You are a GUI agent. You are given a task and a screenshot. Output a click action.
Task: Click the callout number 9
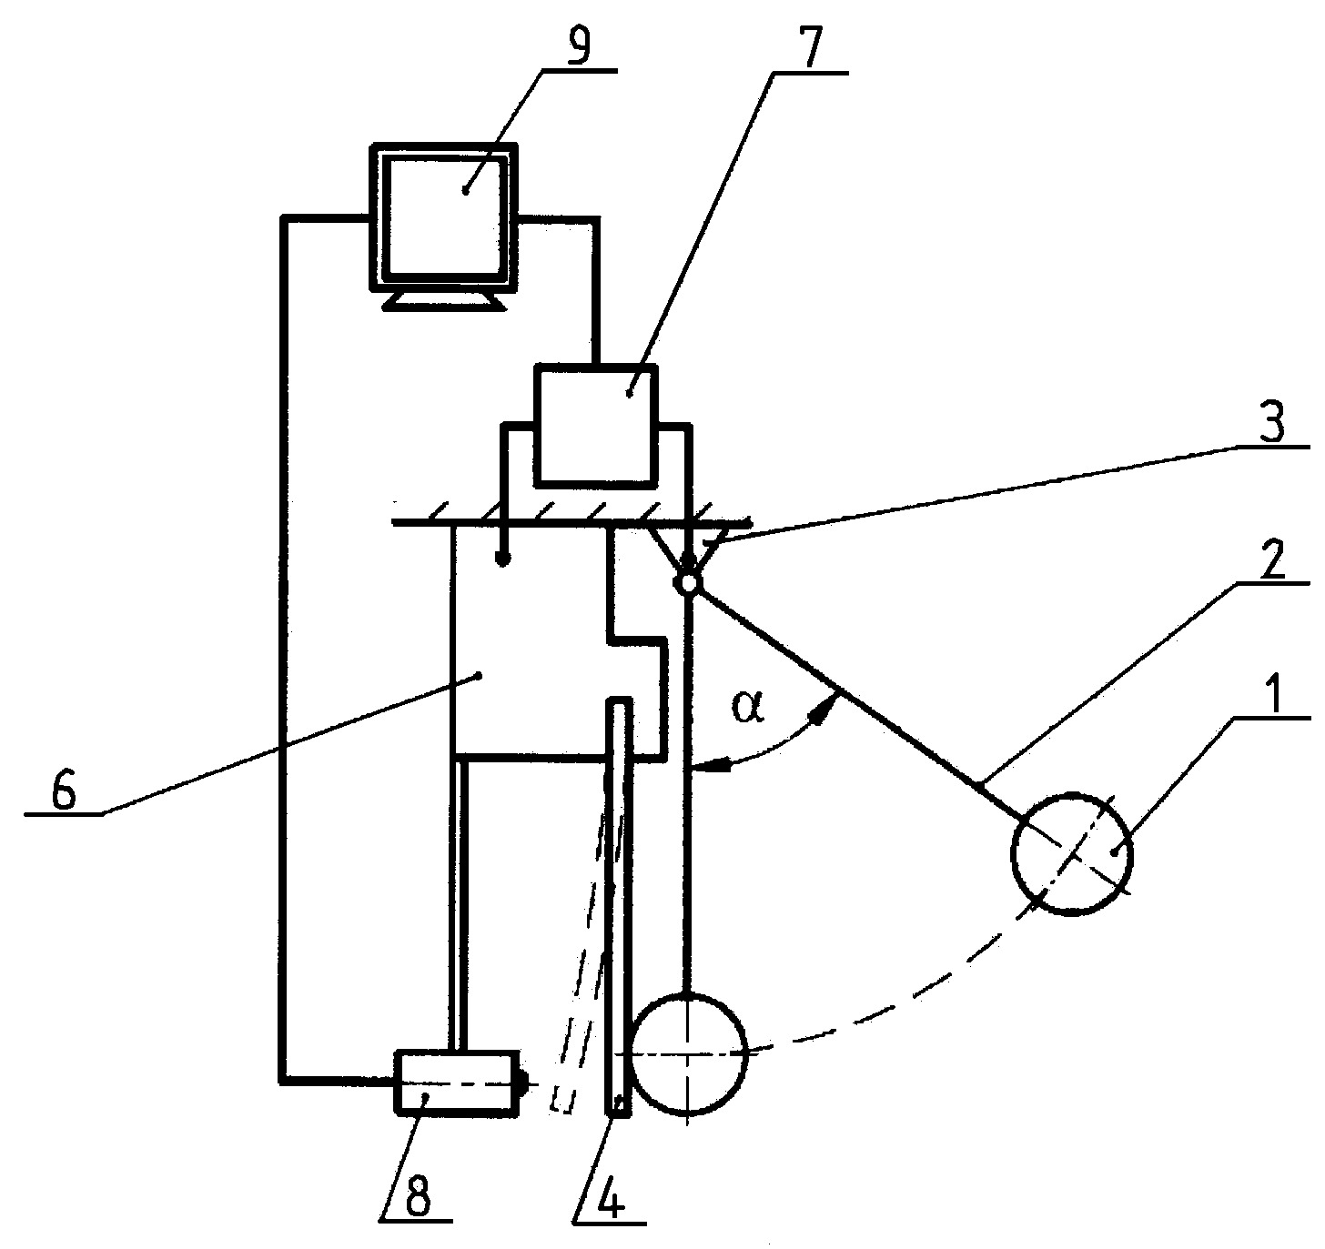[x=577, y=46]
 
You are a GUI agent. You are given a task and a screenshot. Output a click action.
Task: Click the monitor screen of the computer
[x=444, y=217]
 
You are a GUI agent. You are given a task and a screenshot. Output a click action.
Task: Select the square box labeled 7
[x=596, y=423]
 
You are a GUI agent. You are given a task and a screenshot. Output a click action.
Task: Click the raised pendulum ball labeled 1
[x=1071, y=853]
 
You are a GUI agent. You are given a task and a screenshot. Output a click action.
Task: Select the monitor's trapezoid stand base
[x=445, y=302]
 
